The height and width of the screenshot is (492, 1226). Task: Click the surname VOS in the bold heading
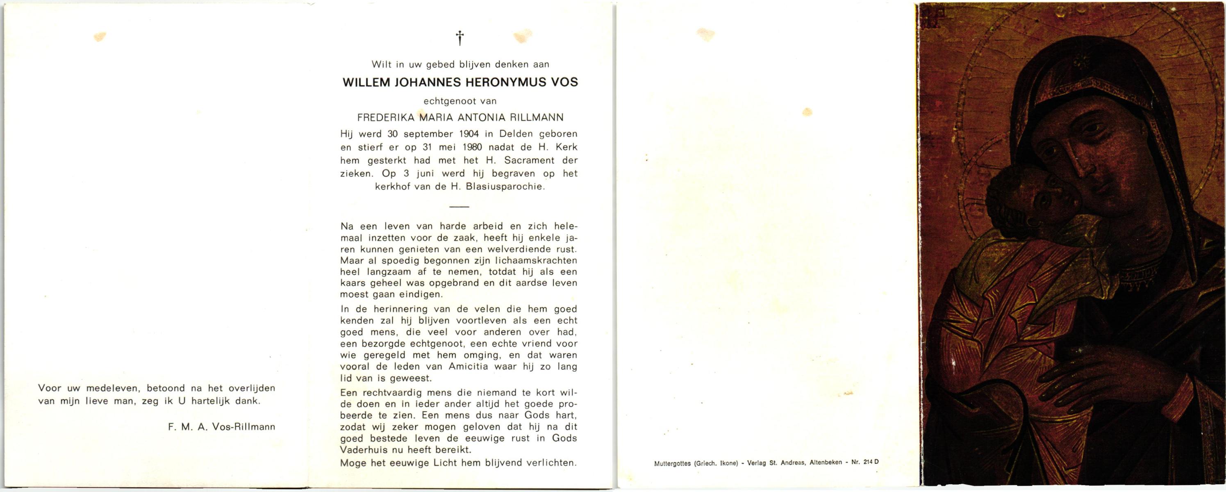click(x=564, y=82)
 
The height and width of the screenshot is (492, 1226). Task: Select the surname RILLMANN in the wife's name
click(x=537, y=118)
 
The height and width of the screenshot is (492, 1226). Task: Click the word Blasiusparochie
click(x=505, y=187)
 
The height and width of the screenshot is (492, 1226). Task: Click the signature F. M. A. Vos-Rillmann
click(x=221, y=427)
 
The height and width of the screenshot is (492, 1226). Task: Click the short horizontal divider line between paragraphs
click(x=459, y=207)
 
